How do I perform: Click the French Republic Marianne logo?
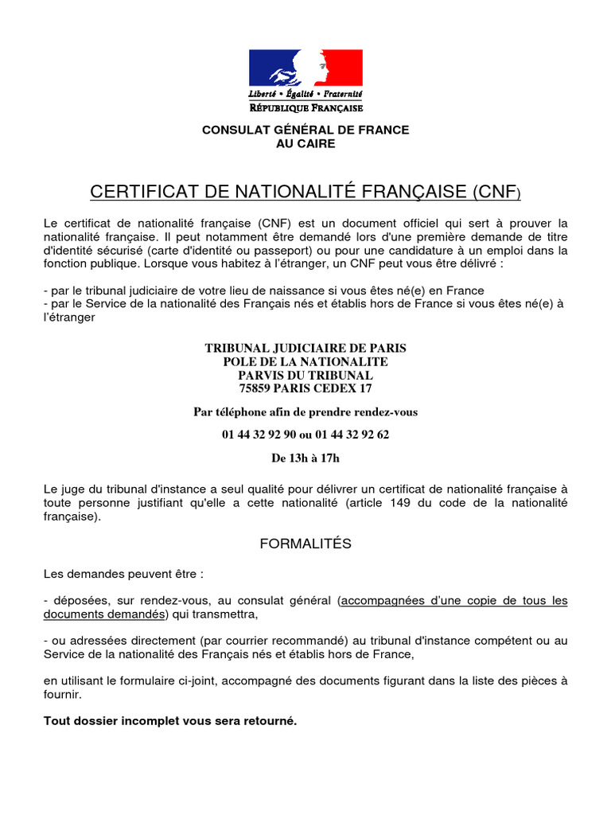pos(305,68)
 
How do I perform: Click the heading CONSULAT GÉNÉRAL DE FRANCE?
pos(305,130)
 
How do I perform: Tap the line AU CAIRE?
pos(305,144)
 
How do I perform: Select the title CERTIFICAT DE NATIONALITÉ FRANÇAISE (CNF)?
pos(305,192)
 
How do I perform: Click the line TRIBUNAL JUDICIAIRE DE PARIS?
pos(305,348)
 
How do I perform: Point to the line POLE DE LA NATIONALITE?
pos(305,361)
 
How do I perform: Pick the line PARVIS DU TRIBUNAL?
pos(305,375)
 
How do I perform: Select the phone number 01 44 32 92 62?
pos(352,435)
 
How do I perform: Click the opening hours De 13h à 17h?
pos(305,458)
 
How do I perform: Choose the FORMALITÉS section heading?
pos(305,544)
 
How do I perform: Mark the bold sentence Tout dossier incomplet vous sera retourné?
pos(170,721)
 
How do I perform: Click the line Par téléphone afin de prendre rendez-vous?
pos(305,411)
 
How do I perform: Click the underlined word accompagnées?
pos(379,601)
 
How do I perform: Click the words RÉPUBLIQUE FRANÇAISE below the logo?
pos(305,107)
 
